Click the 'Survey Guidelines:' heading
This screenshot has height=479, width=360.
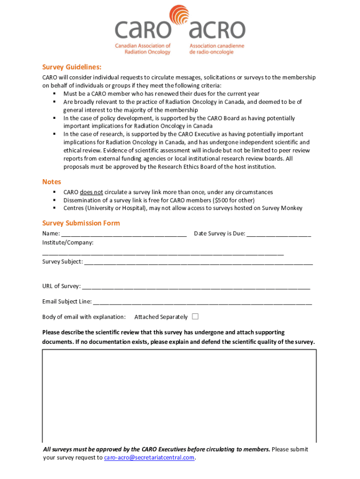[x=72, y=67]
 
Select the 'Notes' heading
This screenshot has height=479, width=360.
[x=51, y=181]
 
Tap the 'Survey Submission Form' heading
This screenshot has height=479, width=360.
[x=81, y=223]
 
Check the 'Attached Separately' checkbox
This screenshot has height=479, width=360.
[x=195, y=317]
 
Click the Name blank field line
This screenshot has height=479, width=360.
[x=124, y=234]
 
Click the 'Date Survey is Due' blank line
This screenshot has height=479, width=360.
[x=279, y=234]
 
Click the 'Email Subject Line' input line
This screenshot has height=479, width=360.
[x=202, y=302]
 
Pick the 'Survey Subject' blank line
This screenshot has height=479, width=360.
[x=198, y=262]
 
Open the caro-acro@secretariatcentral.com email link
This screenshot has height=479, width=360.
[x=149, y=457]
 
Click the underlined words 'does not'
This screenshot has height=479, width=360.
[x=91, y=192]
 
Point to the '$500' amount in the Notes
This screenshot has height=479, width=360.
[x=221, y=200]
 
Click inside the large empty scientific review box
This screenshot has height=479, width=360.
[x=180, y=395]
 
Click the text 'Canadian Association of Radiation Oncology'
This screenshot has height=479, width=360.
[x=143, y=49]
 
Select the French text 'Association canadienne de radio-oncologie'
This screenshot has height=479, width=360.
[x=216, y=49]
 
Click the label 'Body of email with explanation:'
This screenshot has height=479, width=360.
[x=84, y=317]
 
